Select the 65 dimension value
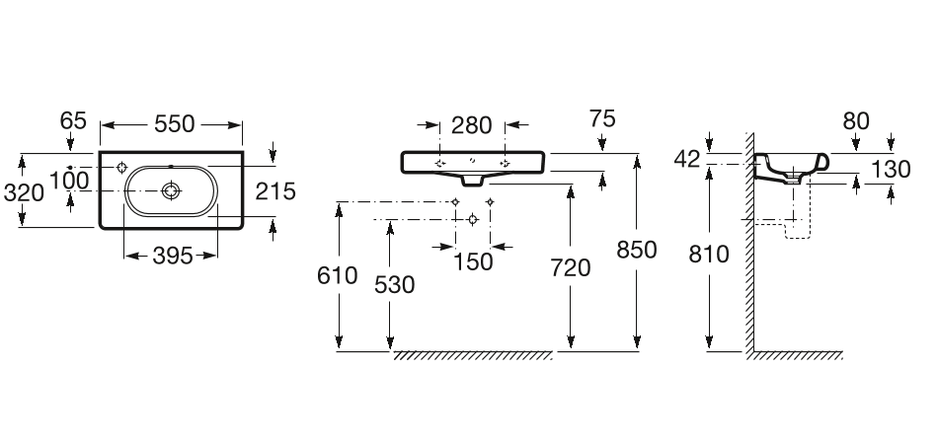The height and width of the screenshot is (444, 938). click(73, 121)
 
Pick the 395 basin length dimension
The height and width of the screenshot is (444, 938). click(171, 256)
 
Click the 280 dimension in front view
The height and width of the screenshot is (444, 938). click(472, 125)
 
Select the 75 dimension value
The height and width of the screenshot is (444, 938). click(601, 119)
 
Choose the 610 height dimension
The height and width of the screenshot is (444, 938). click(337, 276)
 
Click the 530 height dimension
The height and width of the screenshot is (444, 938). click(394, 283)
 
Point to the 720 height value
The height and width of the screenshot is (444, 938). click(570, 267)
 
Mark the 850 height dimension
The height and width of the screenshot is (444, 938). click(637, 250)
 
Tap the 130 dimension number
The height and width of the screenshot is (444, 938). click(891, 170)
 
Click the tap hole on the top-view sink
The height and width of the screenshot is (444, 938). click(120, 167)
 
